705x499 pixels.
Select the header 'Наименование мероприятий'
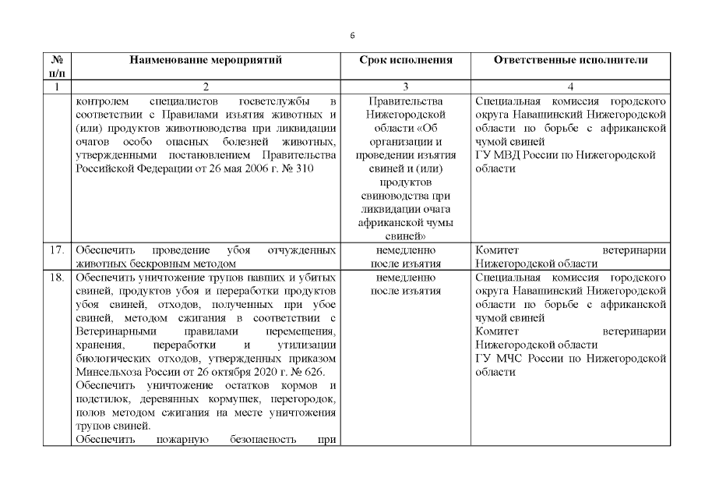[206, 59]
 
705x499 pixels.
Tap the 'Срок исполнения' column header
[405, 59]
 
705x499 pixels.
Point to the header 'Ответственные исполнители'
[571, 59]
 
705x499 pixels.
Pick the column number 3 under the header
[405, 87]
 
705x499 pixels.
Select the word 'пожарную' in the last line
[181, 439]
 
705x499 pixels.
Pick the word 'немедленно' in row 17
[405, 250]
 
